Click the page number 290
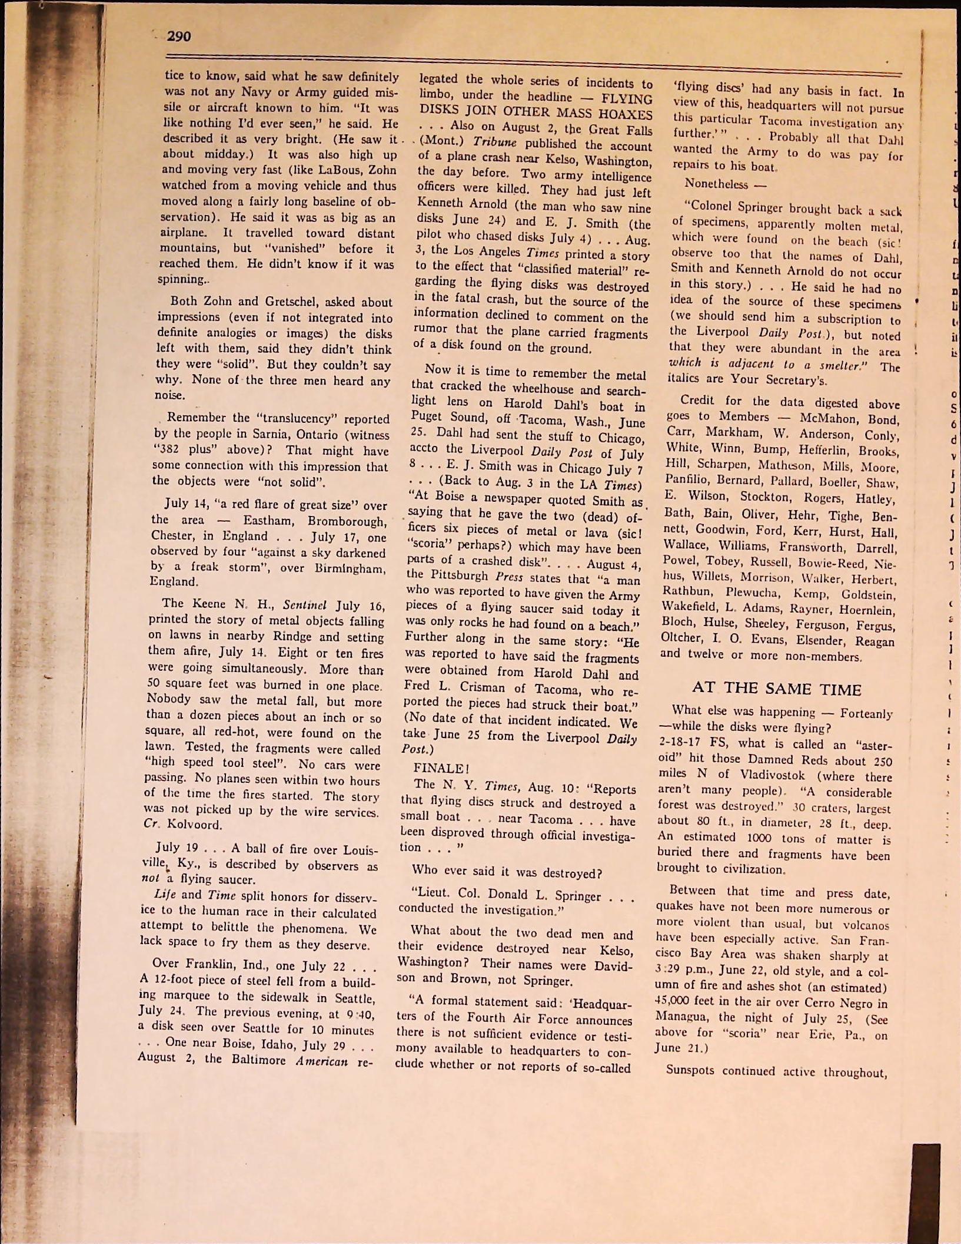179,37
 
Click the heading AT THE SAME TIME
776,689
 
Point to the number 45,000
671,1002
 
